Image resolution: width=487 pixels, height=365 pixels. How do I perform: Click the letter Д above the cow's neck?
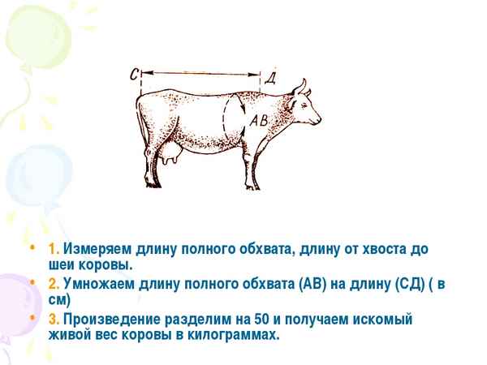point(271,77)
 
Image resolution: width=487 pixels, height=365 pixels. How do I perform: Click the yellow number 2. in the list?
point(54,283)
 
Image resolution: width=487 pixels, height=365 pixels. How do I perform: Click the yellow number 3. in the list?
point(54,319)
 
